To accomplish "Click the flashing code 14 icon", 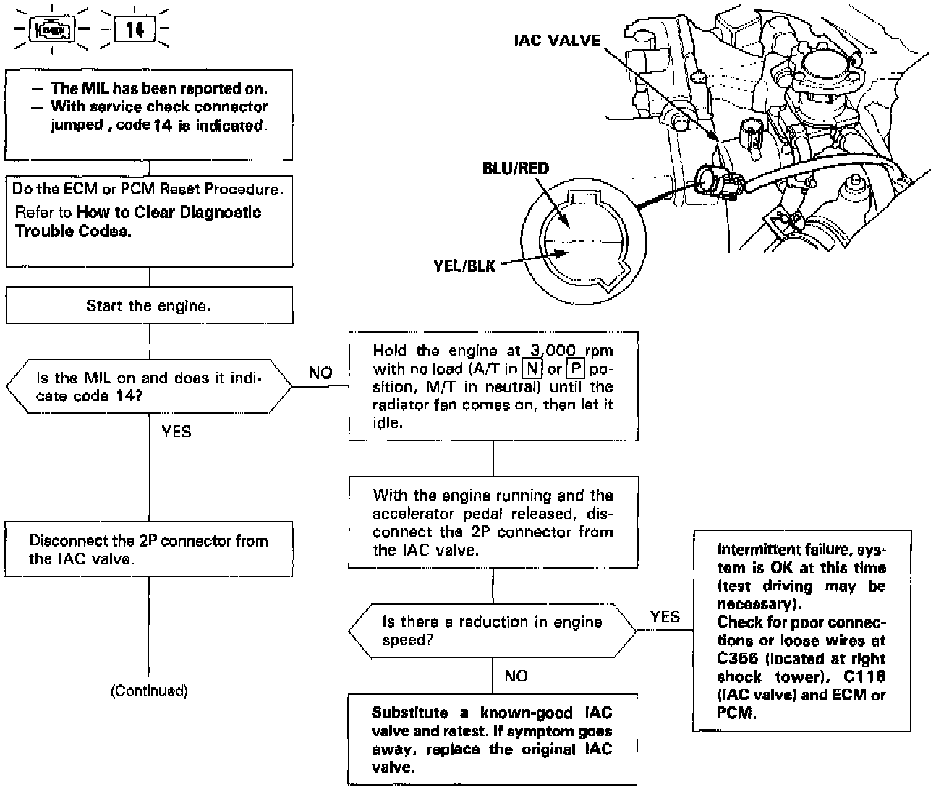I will (x=135, y=30).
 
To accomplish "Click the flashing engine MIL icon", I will (x=51, y=30).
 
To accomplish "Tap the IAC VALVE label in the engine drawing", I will (x=557, y=41).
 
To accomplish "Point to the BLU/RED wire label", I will (x=516, y=169).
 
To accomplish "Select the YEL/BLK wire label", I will (x=464, y=266).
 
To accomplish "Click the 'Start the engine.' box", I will (x=149, y=305).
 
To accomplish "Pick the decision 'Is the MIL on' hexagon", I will (x=149, y=386).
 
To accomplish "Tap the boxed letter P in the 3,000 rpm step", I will (x=575, y=369).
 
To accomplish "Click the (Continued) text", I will (x=149, y=691).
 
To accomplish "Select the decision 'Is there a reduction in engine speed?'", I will (x=493, y=630).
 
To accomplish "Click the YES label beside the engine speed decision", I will (x=665, y=616).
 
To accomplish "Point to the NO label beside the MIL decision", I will (x=320, y=373).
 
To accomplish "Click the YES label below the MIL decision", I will (x=176, y=431).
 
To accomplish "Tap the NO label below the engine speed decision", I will (x=516, y=676).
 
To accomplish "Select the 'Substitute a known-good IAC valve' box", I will (x=493, y=739).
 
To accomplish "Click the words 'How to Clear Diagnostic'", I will (x=169, y=213).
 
